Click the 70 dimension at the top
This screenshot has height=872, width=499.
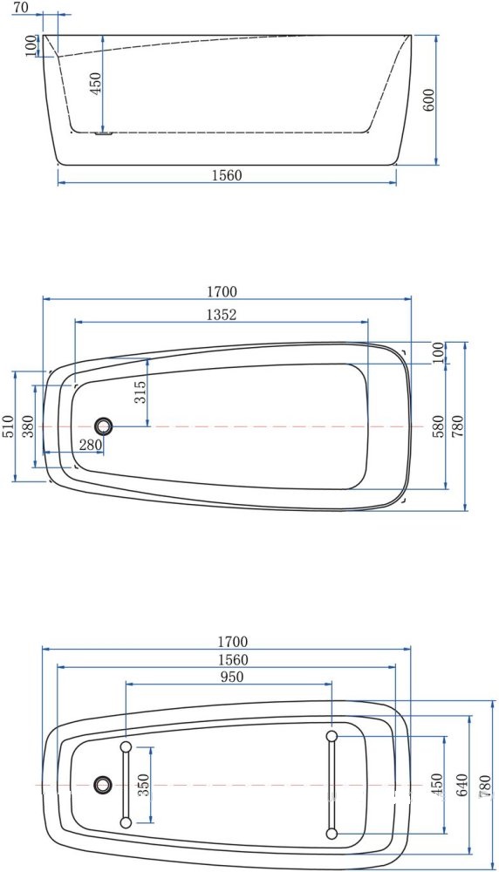click(x=22, y=8)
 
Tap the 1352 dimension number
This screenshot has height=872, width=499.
click(x=222, y=315)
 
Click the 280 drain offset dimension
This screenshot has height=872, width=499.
click(x=91, y=445)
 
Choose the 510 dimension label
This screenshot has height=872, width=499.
click(x=7, y=426)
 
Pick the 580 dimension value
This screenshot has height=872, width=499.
click(x=439, y=426)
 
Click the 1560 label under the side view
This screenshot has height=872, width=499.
click(x=227, y=175)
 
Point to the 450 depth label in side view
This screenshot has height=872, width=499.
click(x=96, y=83)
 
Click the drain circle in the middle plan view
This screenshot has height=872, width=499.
click(x=105, y=426)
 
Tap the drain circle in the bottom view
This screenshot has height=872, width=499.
click(x=103, y=785)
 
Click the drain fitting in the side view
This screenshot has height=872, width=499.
click(x=104, y=133)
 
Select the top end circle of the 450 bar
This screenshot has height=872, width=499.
click(x=332, y=737)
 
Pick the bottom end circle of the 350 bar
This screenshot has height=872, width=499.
click(x=126, y=822)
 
